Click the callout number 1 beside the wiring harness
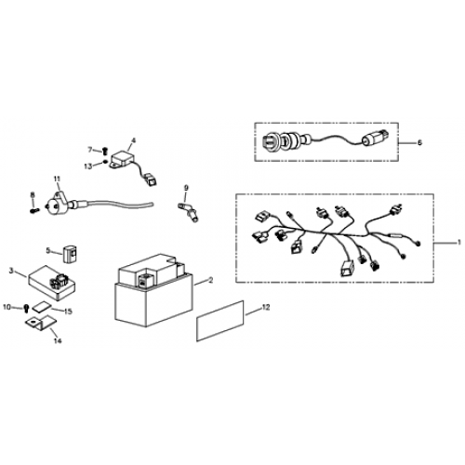click(x=459, y=243)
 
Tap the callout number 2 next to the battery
click(x=211, y=280)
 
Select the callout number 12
click(x=266, y=307)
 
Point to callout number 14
click(x=58, y=340)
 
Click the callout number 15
click(x=68, y=312)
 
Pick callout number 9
click(x=186, y=188)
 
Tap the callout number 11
click(x=57, y=179)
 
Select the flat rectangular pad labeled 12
click(x=220, y=321)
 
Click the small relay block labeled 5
click(x=72, y=254)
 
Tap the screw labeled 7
click(x=105, y=152)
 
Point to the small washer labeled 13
click(x=106, y=161)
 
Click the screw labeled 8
click(x=34, y=210)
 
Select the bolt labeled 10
click(x=27, y=308)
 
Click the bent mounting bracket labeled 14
click(x=39, y=323)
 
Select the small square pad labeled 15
click(x=42, y=306)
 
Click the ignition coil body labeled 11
click(x=56, y=203)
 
